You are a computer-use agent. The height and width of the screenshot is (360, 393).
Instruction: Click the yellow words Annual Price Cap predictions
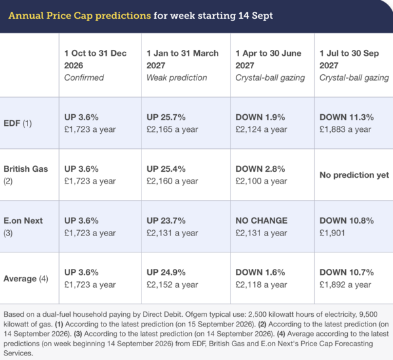[x=79, y=16]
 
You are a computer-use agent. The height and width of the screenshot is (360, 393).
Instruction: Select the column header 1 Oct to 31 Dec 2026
[x=95, y=59]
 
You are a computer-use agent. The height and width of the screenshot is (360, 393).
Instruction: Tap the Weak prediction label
[x=177, y=78]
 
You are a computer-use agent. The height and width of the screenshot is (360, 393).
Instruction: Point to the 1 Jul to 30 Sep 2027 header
[x=349, y=59]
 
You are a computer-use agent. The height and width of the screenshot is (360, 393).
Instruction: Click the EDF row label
[x=18, y=123]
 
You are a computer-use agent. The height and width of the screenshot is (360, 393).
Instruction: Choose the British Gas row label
[x=26, y=175]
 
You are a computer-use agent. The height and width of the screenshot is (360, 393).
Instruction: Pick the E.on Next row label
[x=23, y=227]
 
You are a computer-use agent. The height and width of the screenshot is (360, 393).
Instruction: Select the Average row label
[x=26, y=279]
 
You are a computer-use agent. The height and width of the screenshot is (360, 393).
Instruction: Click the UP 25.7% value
[x=166, y=117]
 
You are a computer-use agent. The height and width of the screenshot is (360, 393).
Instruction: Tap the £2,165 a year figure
[x=172, y=129]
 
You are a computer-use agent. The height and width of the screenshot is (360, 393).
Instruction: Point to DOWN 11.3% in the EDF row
[x=346, y=117]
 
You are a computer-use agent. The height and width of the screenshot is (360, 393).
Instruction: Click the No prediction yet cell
[x=354, y=175]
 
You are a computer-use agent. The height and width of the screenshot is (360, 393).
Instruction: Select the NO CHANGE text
[x=261, y=220]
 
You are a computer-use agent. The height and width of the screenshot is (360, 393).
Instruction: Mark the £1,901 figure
[x=332, y=233]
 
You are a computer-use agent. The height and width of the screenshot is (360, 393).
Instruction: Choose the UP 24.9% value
[x=166, y=272]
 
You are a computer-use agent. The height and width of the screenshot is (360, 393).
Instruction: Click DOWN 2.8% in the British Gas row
[x=260, y=169]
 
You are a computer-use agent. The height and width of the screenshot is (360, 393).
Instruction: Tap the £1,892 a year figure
[x=345, y=285]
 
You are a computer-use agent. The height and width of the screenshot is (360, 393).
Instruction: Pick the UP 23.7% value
[x=166, y=220]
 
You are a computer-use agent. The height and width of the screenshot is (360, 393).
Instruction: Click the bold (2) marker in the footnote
[x=262, y=324]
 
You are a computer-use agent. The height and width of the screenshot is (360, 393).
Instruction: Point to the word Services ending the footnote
[x=18, y=353]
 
